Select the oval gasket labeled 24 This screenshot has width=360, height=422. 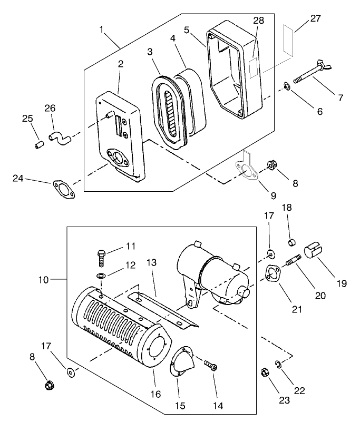coord(63,188)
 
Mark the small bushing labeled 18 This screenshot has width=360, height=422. coord(289,242)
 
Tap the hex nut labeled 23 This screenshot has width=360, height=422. coord(266,373)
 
